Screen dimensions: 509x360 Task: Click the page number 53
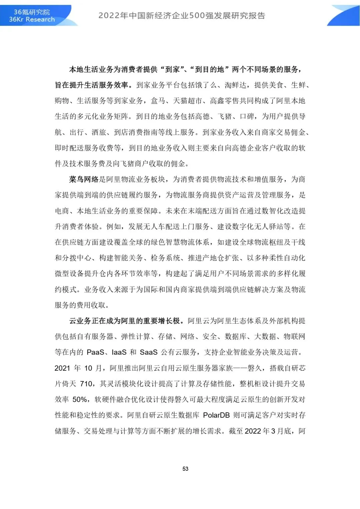[x=185, y=469]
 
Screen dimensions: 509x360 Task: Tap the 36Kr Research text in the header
[x=32, y=19]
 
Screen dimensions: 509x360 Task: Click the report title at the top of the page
[x=182, y=16]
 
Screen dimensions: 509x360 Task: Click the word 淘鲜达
[x=235, y=85]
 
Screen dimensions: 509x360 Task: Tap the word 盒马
[x=158, y=101]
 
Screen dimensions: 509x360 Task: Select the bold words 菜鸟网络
[x=84, y=180]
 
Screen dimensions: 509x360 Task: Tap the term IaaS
[x=119, y=352]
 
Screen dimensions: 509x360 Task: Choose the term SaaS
[x=149, y=352]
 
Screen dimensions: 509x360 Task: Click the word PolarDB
[x=216, y=415]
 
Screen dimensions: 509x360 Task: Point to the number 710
[x=86, y=384]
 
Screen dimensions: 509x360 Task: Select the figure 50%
[x=80, y=400]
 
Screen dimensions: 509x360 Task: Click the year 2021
[x=62, y=368]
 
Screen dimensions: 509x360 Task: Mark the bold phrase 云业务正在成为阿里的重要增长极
[x=126, y=321]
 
